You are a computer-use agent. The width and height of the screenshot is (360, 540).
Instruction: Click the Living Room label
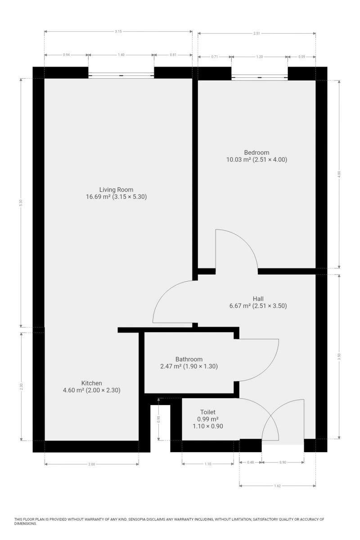[116, 189]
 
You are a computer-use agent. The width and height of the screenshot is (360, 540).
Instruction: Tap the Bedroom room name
[256, 153]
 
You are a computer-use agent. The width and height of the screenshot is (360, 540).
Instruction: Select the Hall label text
[258, 299]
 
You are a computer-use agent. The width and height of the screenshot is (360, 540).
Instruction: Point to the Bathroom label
[189, 359]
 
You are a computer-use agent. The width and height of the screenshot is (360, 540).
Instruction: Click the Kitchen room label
[92, 383]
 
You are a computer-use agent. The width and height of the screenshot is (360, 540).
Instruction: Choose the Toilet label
[207, 412]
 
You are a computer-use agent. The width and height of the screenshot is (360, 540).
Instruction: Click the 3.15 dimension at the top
[118, 31]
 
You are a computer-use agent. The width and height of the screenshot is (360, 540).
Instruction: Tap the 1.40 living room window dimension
[121, 55]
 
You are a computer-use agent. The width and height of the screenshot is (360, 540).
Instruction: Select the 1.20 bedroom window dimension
[260, 57]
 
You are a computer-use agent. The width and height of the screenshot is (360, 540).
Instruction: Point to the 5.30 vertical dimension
[21, 203]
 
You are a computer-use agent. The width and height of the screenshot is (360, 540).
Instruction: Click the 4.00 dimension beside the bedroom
[339, 174]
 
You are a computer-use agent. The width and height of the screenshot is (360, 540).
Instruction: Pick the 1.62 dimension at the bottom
[277, 486]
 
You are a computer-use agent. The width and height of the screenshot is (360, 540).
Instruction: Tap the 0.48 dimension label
[251, 462]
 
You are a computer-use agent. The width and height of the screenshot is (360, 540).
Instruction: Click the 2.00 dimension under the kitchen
[92, 464]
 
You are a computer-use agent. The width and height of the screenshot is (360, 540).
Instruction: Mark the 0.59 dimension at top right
[301, 57]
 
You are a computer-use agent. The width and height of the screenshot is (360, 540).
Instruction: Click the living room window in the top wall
[121, 76]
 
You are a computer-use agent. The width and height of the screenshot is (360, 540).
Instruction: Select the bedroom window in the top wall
[260, 77]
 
